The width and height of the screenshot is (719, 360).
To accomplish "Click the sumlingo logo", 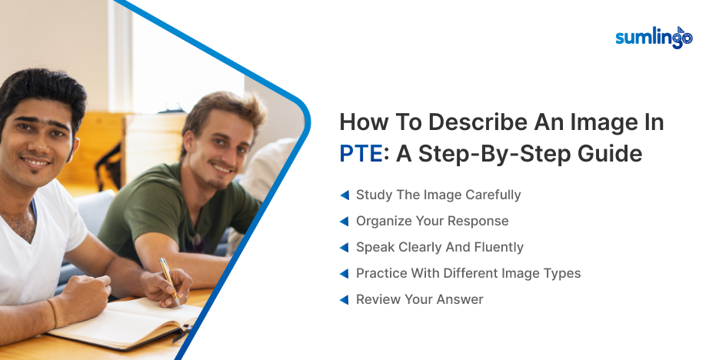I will pyautogui.click(x=654, y=37).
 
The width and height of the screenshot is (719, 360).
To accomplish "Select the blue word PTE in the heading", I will pyautogui.click(x=361, y=154).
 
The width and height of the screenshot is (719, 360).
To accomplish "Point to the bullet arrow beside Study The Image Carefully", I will pyautogui.click(x=345, y=195).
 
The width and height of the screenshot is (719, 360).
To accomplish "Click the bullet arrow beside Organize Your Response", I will pyautogui.click(x=345, y=222).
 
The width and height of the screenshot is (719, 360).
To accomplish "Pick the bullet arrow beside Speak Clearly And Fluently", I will pyautogui.click(x=345, y=248).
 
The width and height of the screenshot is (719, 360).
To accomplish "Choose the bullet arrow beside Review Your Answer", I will pyautogui.click(x=345, y=300).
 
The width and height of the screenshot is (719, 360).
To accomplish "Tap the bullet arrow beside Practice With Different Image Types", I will pyautogui.click(x=345, y=274).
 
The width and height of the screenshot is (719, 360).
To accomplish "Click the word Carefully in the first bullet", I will pyautogui.click(x=492, y=195).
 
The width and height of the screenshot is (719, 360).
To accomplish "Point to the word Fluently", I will pyautogui.click(x=497, y=248).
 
